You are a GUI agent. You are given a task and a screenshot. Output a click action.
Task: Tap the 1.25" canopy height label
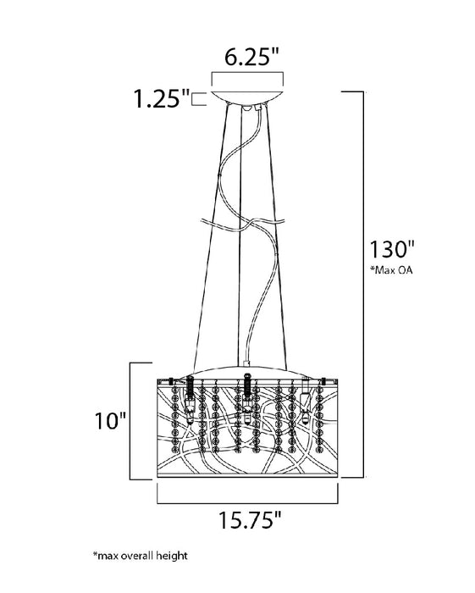pos(161,99)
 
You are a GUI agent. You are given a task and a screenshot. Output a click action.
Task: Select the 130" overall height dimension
pos(391,249)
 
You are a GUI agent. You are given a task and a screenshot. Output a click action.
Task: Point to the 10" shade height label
pos(109,420)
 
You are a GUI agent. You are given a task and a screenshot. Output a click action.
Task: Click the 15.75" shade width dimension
pos(250,520)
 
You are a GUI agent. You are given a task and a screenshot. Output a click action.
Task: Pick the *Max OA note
pos(391,270)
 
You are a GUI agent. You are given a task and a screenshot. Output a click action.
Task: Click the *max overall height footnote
pos(141,556)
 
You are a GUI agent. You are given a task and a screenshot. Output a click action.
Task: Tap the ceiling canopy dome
pos(247,97)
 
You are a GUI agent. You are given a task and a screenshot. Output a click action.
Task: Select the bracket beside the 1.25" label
pos(199,99)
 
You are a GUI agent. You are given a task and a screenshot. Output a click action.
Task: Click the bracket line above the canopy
pos(247,73)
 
